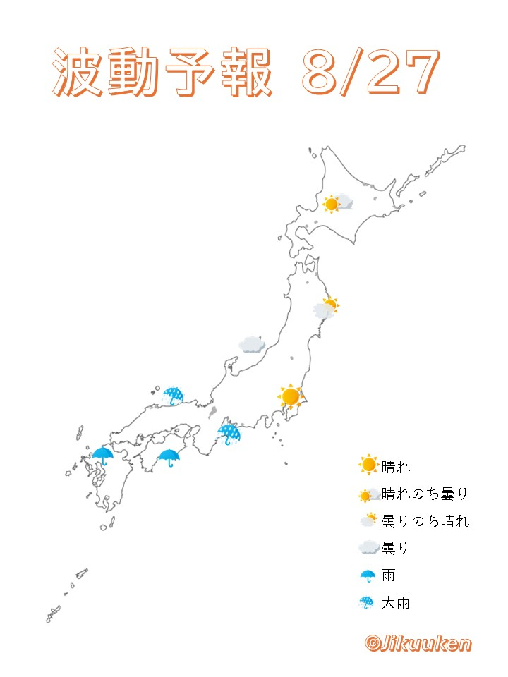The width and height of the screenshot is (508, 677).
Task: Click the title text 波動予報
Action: tap(162, 74)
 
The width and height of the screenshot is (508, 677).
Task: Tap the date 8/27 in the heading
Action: tap(370, 73)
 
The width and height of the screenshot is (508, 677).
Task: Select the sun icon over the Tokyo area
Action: tap(289, 397)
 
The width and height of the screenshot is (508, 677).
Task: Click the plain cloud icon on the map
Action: tap(252, 344)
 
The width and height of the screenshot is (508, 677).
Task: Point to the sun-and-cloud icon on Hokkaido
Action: tap(337, 204)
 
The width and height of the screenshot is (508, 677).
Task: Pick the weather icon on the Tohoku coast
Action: tap(326, 308)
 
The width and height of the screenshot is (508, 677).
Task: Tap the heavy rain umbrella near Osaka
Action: tap(229, 433)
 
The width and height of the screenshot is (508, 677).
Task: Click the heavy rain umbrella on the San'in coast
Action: tap(172, 396)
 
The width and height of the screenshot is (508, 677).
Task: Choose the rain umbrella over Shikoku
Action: tap(169, 458)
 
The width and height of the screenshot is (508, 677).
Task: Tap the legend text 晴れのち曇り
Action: tap(425, 494)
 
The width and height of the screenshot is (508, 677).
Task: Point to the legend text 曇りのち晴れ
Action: tap(425, 521)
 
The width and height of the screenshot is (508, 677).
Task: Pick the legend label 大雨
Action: tap(395, 603)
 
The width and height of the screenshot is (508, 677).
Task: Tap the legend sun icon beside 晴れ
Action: tap(368, 465)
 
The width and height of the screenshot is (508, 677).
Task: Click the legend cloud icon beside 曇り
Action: tap(368, 548)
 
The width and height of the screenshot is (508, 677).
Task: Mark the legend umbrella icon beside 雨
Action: tap(368, 575)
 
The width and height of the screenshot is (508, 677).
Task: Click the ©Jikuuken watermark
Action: tap(418, 643)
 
